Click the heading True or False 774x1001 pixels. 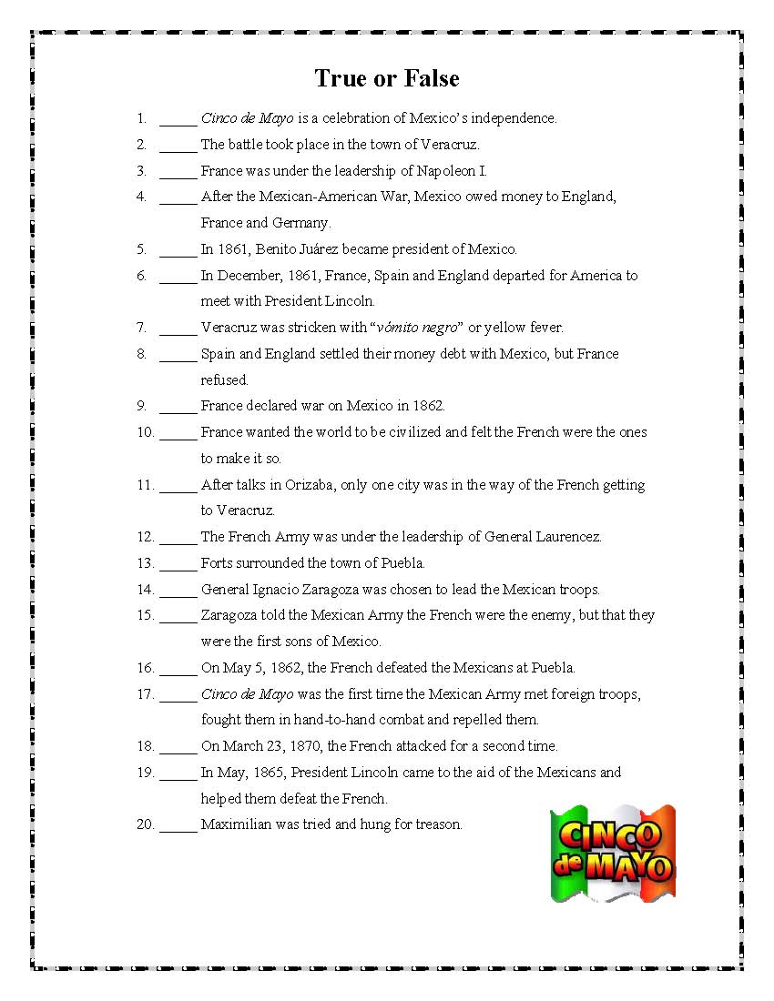[387, 78]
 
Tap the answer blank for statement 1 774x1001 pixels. [178, 119]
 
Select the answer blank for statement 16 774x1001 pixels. [178, 669]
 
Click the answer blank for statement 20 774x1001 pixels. [178, 826]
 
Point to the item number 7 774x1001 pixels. [141, 328]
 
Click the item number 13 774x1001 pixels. [146, 563]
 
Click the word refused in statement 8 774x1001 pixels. [224, 380]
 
